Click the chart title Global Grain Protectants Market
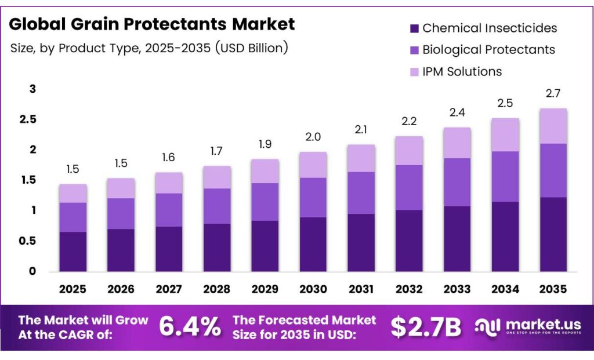click(152, 24)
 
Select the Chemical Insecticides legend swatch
click(414, 28)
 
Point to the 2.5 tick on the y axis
click(29, 119)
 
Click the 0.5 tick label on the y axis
click(29, 241)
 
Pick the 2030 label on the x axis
click(313, 289)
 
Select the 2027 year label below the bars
click(169, 289)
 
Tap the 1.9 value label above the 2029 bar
click(265, 144)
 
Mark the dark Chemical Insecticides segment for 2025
click(73, 251)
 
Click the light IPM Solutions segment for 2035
click(553, 126)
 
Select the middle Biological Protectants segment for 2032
click(409, 187)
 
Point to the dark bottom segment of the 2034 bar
click(505, 236)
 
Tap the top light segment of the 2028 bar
click(217, 177)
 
